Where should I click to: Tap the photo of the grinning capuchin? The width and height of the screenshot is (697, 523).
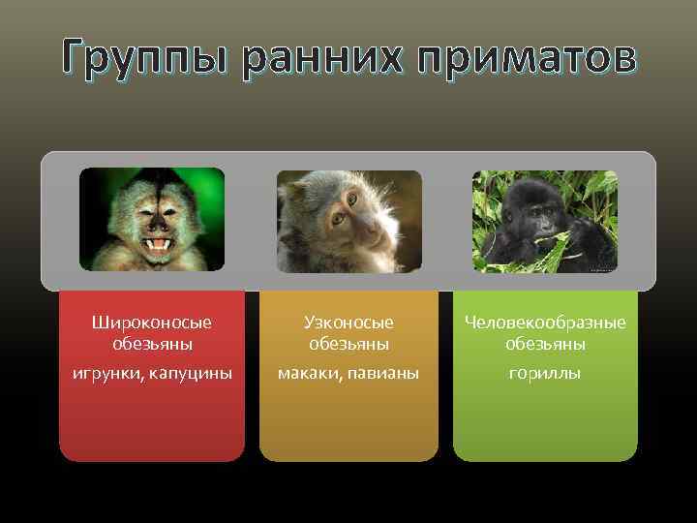click(x=152, y=219)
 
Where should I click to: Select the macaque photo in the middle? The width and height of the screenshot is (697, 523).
click(x=349, y=222)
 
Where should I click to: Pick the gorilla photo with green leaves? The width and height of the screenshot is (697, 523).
click(x=544, y=222)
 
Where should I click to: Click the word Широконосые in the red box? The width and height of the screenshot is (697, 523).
click(x=152, y=322)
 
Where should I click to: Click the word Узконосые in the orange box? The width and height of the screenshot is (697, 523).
click(x=348, y=322)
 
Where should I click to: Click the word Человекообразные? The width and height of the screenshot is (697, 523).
click(x=545, y=322)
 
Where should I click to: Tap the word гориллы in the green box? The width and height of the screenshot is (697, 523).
click(x=545, y=373)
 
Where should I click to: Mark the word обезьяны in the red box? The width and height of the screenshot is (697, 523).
click(x=152, y=344)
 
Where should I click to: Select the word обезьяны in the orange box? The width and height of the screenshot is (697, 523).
click(x=348, y=344)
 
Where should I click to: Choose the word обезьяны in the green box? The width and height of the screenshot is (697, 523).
click(x=545, y=344)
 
